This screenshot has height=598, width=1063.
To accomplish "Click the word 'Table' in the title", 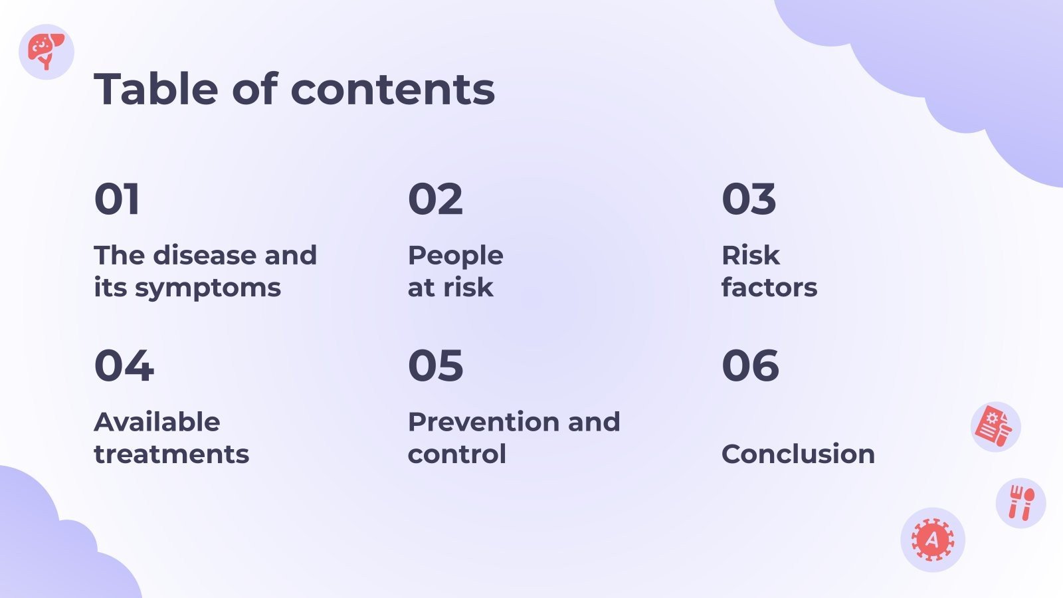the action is click(156, 88).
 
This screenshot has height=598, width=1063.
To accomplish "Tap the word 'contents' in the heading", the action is click(393, 90).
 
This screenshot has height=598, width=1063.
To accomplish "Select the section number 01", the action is click(117, 199).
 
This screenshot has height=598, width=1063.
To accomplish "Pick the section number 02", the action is click(435, 199).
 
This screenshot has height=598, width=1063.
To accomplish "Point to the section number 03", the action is click(749, 199).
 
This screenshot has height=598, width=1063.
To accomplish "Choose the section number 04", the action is click(124, 365).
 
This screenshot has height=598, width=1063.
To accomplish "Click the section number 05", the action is click(436, 365).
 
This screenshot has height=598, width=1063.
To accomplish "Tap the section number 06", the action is click(750, 365).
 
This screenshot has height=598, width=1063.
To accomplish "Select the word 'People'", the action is click(456, 256).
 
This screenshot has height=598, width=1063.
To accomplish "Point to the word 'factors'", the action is click(769, 287).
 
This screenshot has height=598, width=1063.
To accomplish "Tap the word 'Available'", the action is click(157, 421).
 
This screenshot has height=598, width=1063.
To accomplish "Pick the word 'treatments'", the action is click(171, 454).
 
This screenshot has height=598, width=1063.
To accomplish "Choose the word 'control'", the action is click(457, 454).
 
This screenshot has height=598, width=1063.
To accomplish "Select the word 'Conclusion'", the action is click(798, 454).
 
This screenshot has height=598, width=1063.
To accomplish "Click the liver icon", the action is click(46, 51).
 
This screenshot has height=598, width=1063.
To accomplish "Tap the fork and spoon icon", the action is click(1021, 502).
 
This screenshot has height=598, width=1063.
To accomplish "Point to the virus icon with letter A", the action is click(933, 540).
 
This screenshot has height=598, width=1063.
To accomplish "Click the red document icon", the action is click(994, 426).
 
